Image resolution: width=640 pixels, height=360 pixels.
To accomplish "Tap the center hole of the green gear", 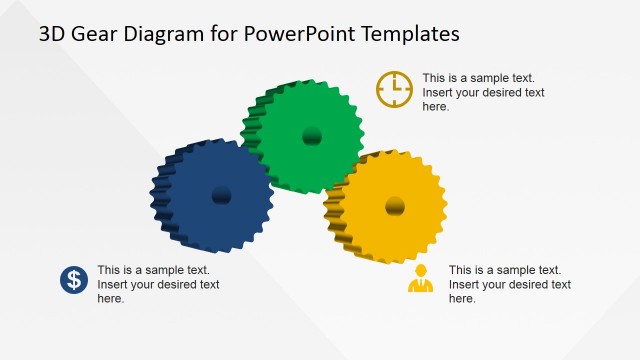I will point(312,136).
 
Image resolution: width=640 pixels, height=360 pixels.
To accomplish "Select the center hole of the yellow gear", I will point(395,207).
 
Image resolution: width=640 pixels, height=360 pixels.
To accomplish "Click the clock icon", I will point(394,89).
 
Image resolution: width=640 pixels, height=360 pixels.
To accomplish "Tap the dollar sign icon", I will point(74,280).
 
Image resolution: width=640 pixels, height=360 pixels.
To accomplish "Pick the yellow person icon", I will point(421,279).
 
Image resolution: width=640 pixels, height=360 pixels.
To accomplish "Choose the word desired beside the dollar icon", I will point(168,284).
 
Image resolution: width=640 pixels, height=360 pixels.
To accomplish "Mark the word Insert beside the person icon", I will point(466,284).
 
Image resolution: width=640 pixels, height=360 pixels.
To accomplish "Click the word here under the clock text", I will point(436,106).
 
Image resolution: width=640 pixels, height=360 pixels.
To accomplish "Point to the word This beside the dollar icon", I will point(109,270).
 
